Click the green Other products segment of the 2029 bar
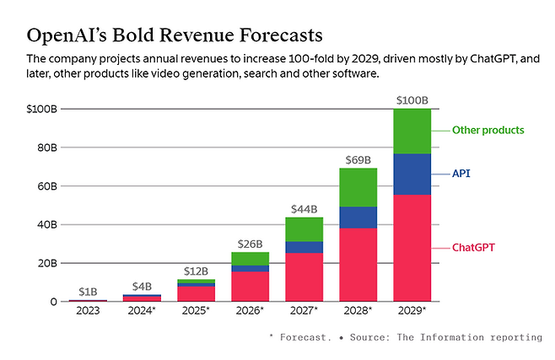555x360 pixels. (412, 131)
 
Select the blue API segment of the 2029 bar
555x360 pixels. (412, 174)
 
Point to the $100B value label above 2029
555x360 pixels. (412, 101)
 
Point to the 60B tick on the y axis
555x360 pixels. (45, 185)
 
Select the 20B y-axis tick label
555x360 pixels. (45, 263)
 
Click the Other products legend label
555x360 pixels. (488, 131)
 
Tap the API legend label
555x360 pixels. (461, 174)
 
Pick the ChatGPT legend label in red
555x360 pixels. (472, 248)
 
